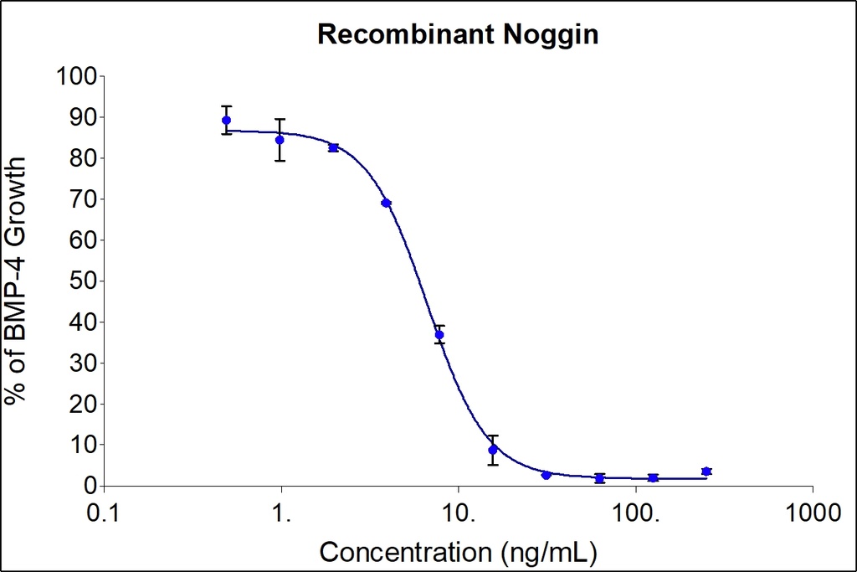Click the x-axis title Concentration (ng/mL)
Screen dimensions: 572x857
tap(459, 553)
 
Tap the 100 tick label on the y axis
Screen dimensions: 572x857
tap(78, 77)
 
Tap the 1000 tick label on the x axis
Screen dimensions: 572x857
tap(813, 510)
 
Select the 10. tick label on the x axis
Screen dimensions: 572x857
tap(459, 510)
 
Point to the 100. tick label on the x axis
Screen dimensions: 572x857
tap(636, 510)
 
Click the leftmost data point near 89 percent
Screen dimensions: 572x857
tap(226, 121)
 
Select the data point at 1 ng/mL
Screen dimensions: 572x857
tap(280, 140)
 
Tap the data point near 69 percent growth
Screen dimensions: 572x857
tap(386, 203)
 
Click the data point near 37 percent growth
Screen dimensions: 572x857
tap(439, 334)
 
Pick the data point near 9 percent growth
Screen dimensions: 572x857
tap(493, 450)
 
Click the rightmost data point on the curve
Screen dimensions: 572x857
tap(706, 472)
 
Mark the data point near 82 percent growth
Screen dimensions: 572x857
tap(333, 148)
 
